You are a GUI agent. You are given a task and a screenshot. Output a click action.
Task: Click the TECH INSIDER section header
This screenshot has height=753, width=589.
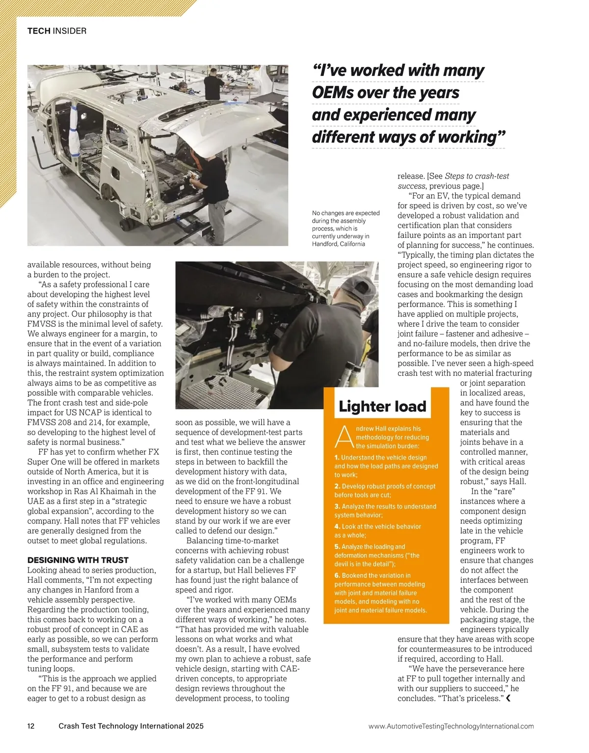56,31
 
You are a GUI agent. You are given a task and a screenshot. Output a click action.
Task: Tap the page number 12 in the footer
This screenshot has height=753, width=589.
31,726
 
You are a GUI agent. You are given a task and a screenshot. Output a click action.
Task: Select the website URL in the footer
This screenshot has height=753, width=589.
451,726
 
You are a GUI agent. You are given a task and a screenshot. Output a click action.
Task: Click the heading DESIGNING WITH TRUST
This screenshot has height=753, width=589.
78,560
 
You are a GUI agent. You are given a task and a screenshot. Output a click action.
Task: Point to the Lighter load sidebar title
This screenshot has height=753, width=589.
382,406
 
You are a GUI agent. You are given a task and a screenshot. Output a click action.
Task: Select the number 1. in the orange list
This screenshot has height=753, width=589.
337,458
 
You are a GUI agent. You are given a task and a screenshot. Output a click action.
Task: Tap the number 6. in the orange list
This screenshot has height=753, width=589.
337,575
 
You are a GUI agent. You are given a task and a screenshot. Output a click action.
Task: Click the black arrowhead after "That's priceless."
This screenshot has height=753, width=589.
508,699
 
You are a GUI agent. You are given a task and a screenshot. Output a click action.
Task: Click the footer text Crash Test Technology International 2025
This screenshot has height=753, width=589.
131,726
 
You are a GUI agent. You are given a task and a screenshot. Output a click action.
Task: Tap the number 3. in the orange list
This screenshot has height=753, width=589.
337,506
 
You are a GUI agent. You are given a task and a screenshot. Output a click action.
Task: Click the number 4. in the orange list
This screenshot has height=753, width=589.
337,526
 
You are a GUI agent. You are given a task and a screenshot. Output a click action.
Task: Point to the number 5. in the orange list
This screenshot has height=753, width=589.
337,546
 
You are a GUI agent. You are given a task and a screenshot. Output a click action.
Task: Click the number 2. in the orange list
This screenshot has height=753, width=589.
337,486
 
